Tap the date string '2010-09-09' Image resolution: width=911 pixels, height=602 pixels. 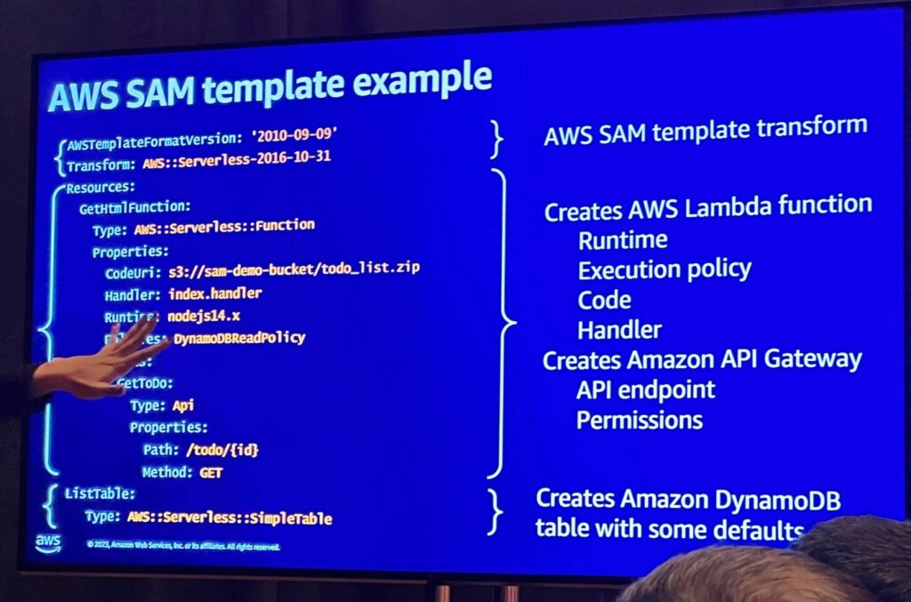(x=295, y=135)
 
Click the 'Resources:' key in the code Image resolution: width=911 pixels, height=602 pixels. (x=100, y=188)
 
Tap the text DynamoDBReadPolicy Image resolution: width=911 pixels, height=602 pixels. (x=239, y=338)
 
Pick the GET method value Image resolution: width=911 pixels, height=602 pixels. (x=211, y=473)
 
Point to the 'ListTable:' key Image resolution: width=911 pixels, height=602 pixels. (x=100, y=493)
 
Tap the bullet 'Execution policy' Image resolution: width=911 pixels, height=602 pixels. (x=665, y=269)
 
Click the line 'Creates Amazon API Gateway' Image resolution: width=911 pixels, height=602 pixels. (x=702, y=360)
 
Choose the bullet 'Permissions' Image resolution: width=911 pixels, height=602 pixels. (x=640, y=420)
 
